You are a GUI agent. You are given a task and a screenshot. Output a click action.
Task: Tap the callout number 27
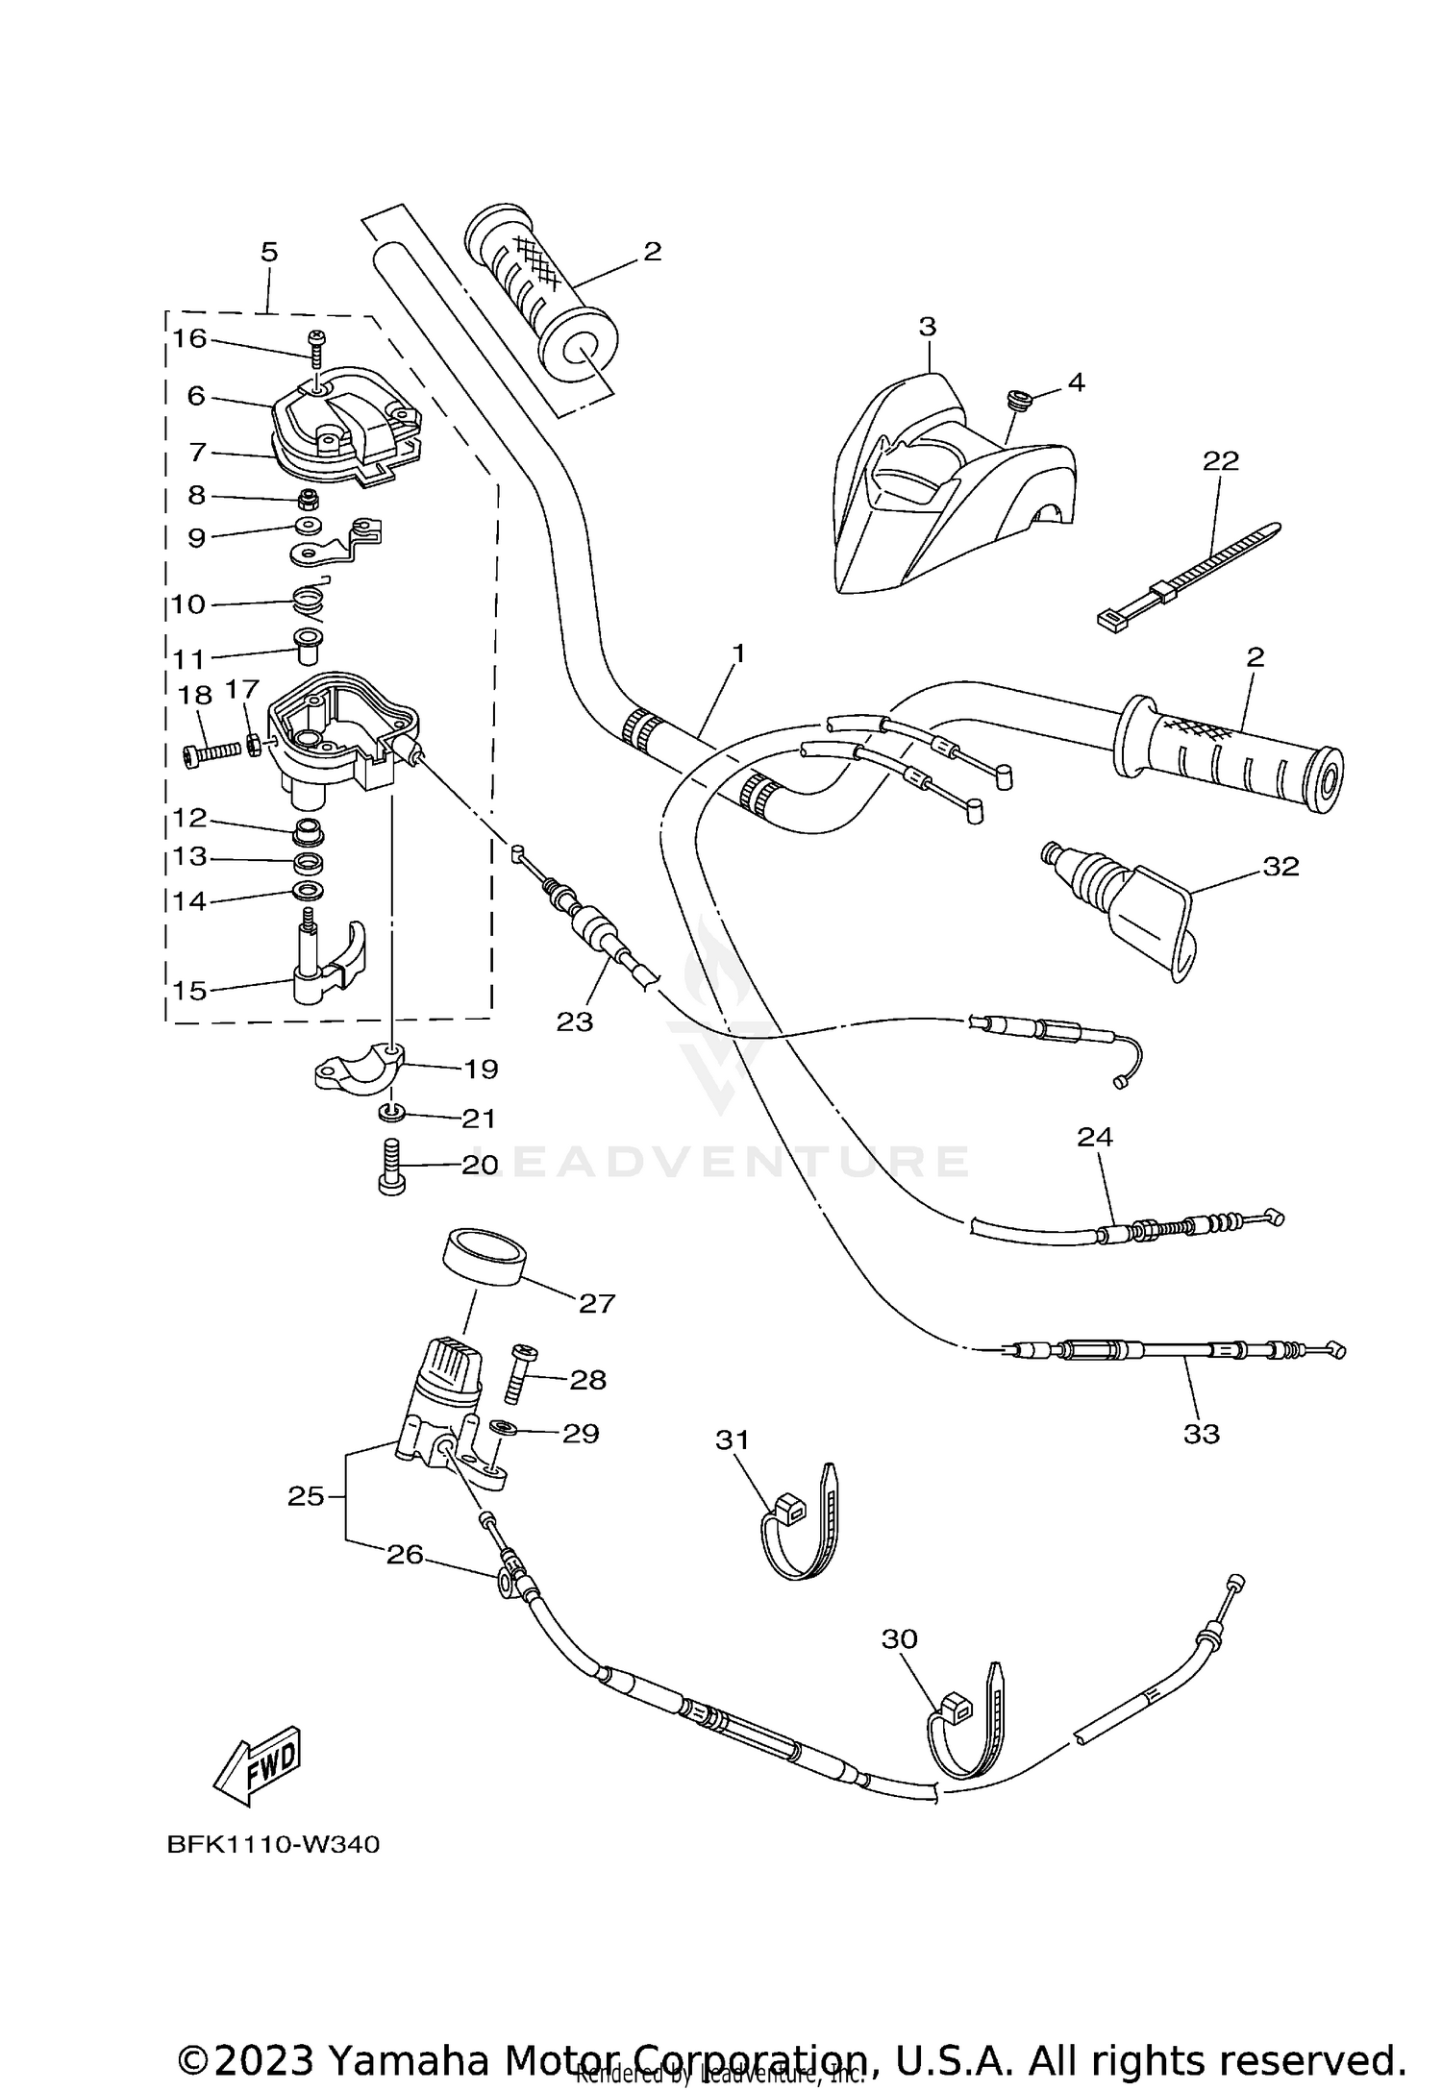[x=596, y=1303]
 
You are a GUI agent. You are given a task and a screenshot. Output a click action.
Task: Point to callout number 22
[x=1221, y=461]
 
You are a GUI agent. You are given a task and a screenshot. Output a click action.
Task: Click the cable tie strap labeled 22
[x=1190, y=576]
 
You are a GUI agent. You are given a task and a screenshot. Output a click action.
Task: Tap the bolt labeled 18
[x=210, y=754]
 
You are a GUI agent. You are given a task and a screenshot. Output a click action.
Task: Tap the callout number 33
[x=1201, y=1434]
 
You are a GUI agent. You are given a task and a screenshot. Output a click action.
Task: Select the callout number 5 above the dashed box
[x=269, y=253]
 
